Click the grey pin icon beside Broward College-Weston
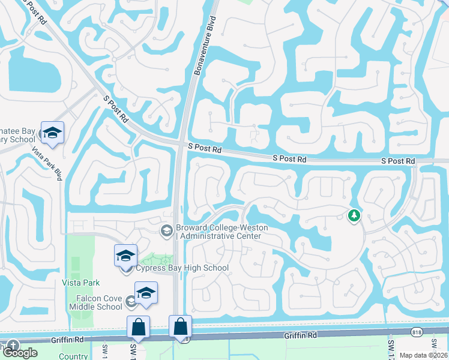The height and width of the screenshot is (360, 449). click(166, 230)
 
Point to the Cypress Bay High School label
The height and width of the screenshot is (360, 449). click(182, 268)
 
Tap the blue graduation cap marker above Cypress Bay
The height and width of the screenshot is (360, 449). click(126, 256)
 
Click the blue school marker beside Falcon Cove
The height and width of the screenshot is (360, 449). click(146, 293)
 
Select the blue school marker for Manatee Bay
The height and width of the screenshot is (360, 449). click(52, 133)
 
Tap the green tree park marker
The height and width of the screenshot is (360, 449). click(354, 215)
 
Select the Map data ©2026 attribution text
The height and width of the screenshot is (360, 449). click(423, 355)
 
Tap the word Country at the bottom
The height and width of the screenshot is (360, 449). click(73, 356)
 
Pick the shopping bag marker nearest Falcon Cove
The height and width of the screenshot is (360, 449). click(138, 328)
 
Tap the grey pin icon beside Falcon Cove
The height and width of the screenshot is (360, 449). click(131, 301)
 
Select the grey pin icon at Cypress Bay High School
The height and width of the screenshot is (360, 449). click(126, 268)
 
